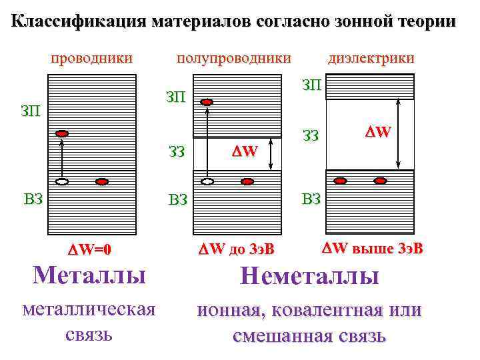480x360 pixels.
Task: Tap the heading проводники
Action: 91,58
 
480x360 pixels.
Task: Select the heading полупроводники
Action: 233,58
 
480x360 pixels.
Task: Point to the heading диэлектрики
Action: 371,58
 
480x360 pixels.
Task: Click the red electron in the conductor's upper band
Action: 62,134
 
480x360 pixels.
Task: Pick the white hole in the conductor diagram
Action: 62,181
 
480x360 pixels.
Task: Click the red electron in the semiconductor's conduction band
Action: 207,102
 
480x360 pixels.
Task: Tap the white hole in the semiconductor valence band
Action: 207,181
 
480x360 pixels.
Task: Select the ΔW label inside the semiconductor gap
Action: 244,151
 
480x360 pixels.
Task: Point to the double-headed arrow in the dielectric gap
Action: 398,133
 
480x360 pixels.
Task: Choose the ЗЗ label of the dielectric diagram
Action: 311,137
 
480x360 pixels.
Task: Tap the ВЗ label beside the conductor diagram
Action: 33,197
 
